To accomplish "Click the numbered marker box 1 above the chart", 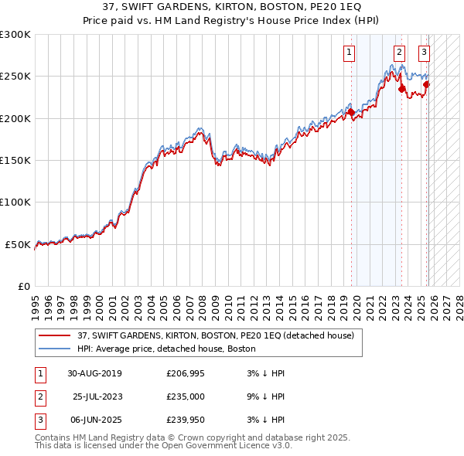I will [x=350, y=53].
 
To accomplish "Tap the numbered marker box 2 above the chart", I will [x=399, y=53].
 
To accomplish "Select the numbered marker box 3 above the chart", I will [x=425, y=53].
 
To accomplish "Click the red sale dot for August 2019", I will [x=351, y=112].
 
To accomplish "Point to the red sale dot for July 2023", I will [x=401, y=89].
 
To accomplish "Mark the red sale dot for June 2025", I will [x=426, y=84].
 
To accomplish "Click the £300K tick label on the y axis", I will [x=15, y=35].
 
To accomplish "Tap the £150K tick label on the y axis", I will [x=15, y=161].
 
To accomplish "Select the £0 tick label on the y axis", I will [x=23, y=286].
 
